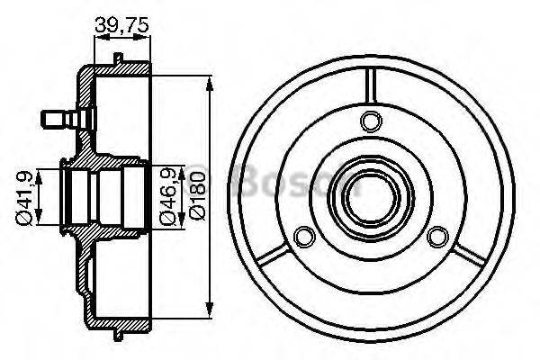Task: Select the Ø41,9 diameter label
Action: (x=26, y=196)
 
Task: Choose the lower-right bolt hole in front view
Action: (x=438, y=237)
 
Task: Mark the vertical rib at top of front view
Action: (x=368, y=85)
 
